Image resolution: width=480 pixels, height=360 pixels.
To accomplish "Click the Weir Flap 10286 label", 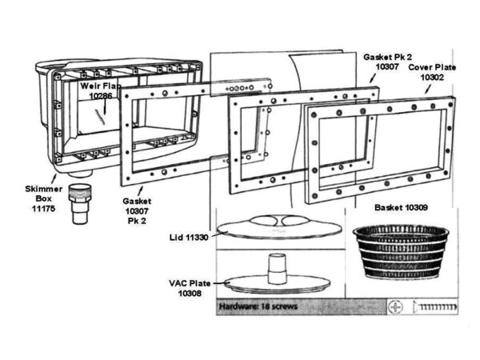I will coord(99,89).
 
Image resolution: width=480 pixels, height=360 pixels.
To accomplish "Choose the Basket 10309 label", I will coord(401,207).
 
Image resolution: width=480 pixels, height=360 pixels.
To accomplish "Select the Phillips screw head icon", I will coord(398,306).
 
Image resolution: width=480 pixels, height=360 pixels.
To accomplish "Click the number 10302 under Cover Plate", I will coord(432,79).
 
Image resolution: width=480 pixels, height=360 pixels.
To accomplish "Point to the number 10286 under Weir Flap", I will coord(101,94).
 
